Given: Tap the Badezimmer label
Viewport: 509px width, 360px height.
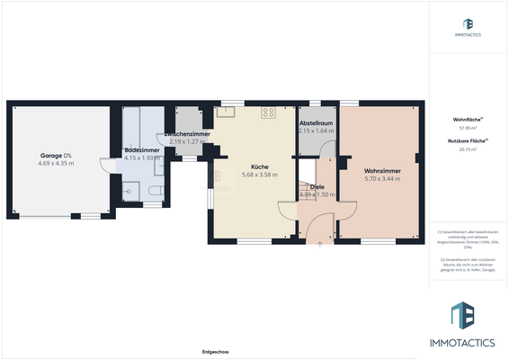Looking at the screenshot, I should click(142, 149).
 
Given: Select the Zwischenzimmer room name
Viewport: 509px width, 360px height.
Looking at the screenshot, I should click(187, 135).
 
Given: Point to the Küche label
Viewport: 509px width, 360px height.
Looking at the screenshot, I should click(259, 166).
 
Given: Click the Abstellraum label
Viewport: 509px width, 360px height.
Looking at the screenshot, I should click(316, 123).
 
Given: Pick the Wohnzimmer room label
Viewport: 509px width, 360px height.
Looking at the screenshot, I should click(382, 171).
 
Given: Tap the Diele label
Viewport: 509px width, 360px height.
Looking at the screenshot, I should click(317, 186).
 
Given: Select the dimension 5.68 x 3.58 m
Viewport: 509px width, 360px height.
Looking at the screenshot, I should click(259, 175).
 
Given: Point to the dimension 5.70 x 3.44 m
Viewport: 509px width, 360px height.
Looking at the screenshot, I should click(382, 179).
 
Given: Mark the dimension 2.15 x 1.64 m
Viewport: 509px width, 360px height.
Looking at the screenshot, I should click(316, 131).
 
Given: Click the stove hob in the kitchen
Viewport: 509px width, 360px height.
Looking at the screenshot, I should click(268, 112).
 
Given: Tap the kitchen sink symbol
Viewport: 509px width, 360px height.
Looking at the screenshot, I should click(223, 112).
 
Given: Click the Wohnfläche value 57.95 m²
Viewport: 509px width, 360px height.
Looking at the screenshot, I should click(467, 128).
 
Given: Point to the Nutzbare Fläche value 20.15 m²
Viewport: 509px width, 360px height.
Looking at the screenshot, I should click(467, 149).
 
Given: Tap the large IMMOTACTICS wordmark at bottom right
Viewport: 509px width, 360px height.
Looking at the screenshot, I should click(467, 343).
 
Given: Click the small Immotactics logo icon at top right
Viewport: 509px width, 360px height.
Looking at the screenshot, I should click(467, 24).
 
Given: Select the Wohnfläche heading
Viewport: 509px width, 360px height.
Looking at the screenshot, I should click(467, 120).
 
